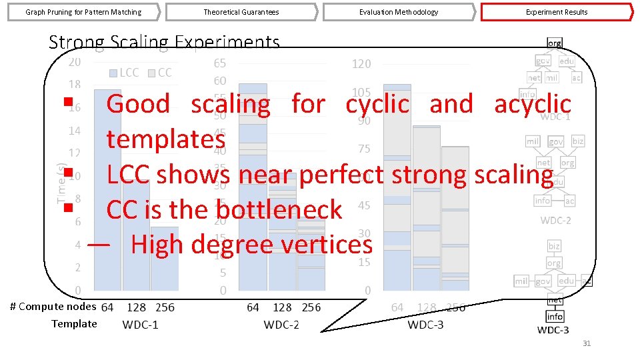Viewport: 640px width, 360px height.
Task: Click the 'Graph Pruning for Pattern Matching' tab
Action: click(x=83, y=12)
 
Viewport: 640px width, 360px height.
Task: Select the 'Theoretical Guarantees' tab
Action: click(x=241, y=12)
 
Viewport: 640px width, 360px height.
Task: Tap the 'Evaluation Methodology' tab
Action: click(x=399, y=12)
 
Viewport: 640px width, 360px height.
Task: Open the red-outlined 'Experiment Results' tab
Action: click(x=557, y=12)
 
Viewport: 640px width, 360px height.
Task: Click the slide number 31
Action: click(x=587, y=343)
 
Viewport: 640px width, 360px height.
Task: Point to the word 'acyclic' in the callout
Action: click(x=533, y=104)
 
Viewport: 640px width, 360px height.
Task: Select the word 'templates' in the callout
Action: click(x=165, y=139)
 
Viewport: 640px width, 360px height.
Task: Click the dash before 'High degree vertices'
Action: click(x=98, y=245)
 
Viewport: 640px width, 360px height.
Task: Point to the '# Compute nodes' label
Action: click(x=53, y=307)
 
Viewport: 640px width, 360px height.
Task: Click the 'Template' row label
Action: click(x=74, y=324)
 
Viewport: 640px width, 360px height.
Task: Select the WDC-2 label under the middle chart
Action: click(x=282, y=325)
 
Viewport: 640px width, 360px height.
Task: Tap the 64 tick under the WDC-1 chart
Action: click(x=107, y=307)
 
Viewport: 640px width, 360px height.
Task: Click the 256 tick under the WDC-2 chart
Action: click(x=311, y=307)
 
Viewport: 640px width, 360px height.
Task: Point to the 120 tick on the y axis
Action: click(x=361, y=64)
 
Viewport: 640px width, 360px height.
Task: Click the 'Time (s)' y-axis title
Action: click(x=62, y=183)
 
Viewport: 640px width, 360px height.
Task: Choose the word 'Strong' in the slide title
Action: click(x=76, y=43)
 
